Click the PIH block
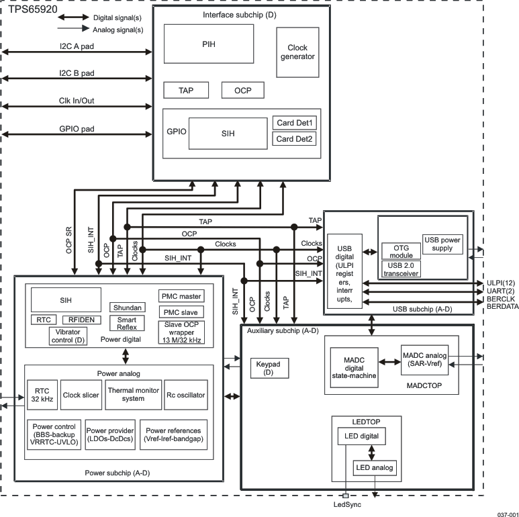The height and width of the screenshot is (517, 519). click(x=209, y=44)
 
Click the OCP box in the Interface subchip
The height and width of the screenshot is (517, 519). click(x=242, y=90)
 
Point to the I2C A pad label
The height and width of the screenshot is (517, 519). click(x=77, y=45)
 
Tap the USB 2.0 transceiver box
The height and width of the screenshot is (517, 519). click(x=400, y=269)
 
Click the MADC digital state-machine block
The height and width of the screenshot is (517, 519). click(x=354, y=370)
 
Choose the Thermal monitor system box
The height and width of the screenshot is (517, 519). click(x=133, y=395)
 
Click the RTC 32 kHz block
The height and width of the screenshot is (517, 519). click(x=42, y=395)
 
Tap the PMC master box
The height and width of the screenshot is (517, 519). click(x=181, y=295)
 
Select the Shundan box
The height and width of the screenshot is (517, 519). click(x=127, y=307)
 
